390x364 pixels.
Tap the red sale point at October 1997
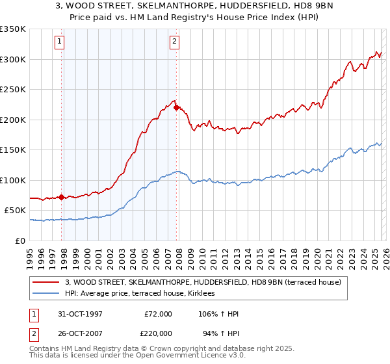pos(62,197)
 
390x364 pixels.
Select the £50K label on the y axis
pos(15,211)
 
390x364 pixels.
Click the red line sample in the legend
pos(47,282)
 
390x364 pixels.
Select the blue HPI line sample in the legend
pos(47,294)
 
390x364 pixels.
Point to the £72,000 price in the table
pos(158,314)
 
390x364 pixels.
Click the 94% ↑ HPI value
pos(220,333)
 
